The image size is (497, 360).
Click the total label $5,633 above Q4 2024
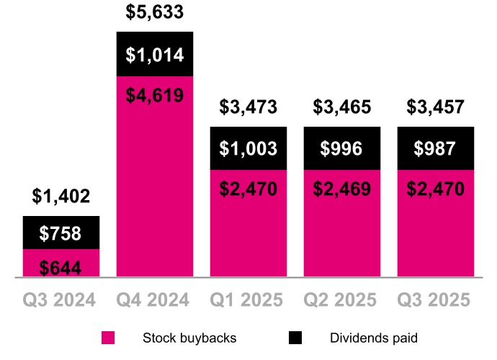(x=155, y=12)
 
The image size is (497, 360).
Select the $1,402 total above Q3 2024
(x=61, y=196)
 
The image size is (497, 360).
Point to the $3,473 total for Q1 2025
(x=248, y=108)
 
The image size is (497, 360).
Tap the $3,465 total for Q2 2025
(x=342, y=108)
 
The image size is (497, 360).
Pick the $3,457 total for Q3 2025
(x=436, y=108)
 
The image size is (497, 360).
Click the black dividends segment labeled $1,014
(x=155, y=55)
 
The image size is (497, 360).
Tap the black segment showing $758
(x=61, y=233)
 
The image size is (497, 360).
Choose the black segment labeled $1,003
(x=248, y=148)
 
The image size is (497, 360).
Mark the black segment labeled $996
(x=342, y=148)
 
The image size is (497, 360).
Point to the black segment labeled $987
(x=436, y=148)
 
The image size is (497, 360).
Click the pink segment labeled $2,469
(x=342, y=223)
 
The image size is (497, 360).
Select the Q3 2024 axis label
(x=61, y=300)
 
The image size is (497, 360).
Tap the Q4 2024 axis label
(x=155, y=300)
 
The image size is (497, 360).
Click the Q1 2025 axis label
(x=248, y=300)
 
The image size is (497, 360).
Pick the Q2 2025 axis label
(x=342, y=300)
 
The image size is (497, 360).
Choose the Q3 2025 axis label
(x=436, y=300)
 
